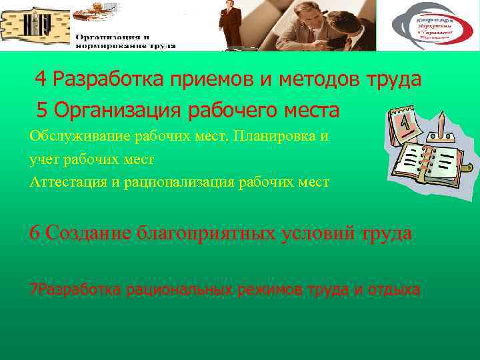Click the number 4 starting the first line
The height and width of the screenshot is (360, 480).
click(x=41, y=80)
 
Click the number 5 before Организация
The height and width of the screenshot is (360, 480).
click(x=43, y=109)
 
